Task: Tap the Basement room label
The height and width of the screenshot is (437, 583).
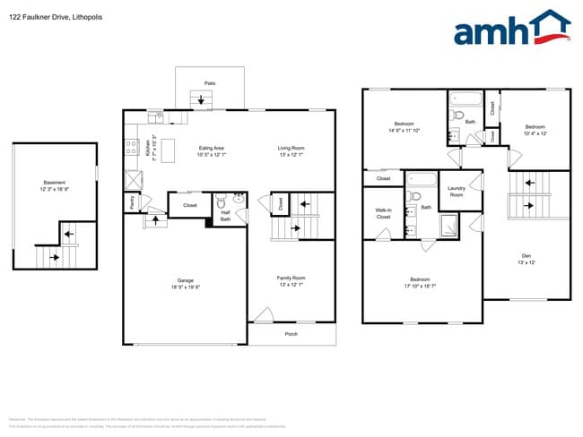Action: (54, 182)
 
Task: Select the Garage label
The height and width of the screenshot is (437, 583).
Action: (186, 279)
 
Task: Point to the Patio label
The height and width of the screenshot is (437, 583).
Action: (210, 83)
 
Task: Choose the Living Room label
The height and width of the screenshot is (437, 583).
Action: (291, 148)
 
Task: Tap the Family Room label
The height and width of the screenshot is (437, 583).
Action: (291, 278)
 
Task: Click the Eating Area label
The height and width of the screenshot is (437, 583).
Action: (212, 148)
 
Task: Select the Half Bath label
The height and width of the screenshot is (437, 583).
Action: (226, 215)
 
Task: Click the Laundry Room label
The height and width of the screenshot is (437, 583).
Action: (456, 191)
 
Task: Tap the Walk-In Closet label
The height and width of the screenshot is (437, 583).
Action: (383, 214)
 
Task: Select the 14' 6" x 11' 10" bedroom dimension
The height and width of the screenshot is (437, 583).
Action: (405, 131)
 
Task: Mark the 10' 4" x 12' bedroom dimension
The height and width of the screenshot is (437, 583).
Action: (535, 133)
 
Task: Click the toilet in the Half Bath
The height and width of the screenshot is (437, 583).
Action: (222, 201)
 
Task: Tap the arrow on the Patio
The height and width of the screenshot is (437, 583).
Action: (198, 100)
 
